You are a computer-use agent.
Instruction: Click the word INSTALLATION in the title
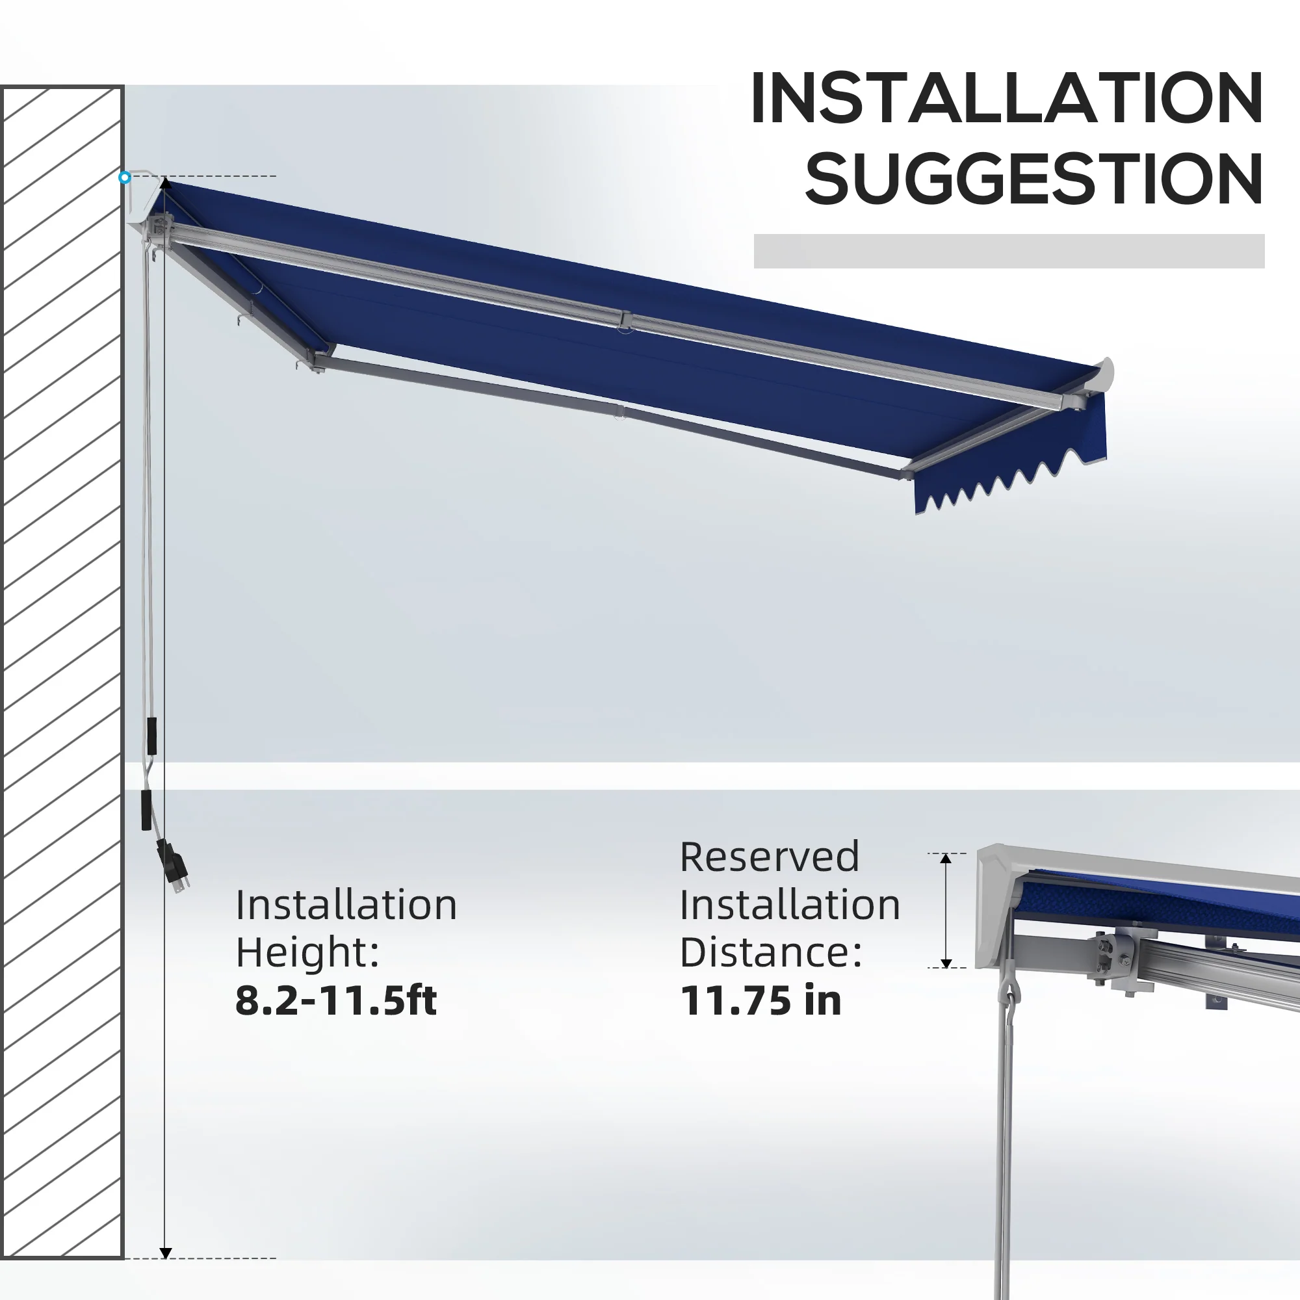coord(1007,98)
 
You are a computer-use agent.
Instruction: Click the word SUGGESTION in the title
coord(1034,178)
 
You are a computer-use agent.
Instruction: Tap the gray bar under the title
coord(1009,251)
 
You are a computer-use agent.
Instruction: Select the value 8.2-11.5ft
coord(336,1000)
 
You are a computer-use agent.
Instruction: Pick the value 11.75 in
coord(760,1000)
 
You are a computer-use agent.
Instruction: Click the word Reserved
coord(770,857)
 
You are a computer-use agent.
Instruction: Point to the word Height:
coord(307,953)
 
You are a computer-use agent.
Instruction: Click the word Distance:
coord(771,953)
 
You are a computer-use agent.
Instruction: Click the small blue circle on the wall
coord(125,177)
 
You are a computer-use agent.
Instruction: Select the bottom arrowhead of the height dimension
coord(166,1253)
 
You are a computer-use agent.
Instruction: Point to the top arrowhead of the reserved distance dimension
coord(945,859)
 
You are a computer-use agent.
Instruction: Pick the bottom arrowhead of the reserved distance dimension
coord(945,963)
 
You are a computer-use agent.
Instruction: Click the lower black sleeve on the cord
coord(146,810)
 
